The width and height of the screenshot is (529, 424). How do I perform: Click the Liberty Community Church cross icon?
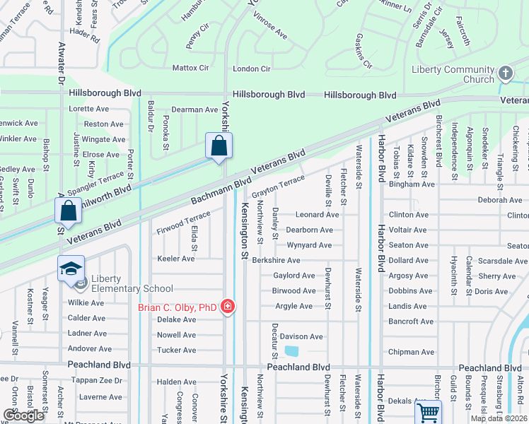click(x=505, y=73)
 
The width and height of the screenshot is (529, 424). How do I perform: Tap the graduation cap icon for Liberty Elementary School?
click(x=71, y=269)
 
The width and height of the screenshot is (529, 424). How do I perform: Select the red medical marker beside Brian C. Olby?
click(x=228, y=307)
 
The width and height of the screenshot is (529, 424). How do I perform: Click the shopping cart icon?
click(x=427, y=413)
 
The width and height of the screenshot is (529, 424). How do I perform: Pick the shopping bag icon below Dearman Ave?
click(x=219, y=146)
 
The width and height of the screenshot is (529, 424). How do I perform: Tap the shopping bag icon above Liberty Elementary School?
click(x=68, y=210)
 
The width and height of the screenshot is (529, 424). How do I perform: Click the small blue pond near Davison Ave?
click(x=291, y=351)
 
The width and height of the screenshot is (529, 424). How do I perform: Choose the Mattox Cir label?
click(x=191, y=69)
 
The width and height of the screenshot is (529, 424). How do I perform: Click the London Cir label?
click(x=252, y=69)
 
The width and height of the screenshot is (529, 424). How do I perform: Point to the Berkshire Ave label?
click(x=276, y=260)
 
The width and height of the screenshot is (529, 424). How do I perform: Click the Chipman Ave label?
click(x=411, y=352)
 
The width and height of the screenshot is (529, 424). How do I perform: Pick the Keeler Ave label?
click(x=176, y=259)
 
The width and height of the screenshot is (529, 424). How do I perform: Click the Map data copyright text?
click(x=499, y=418)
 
